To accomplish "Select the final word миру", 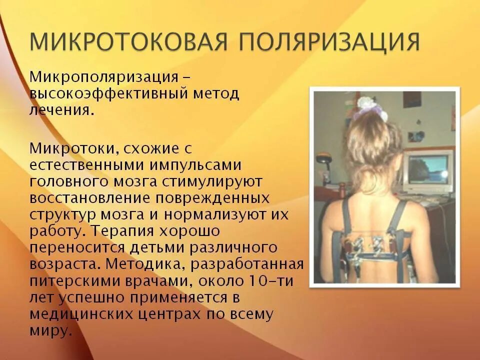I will coord(48,330).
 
